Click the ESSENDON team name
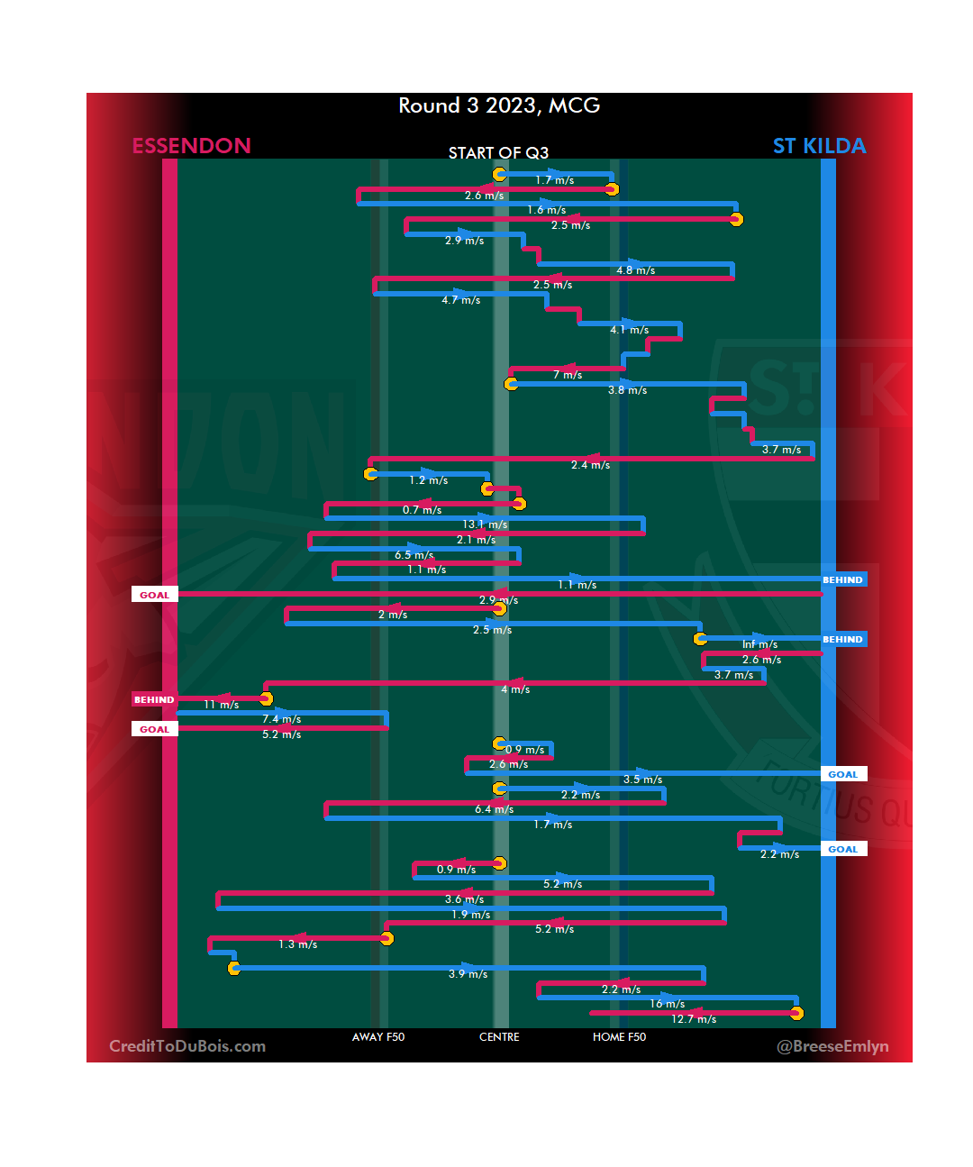(191, 146)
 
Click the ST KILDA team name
(819, 146)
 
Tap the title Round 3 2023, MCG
(499, 106)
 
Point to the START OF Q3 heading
(498, 153)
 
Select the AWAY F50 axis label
(378, 1037)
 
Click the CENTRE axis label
(499, 1037)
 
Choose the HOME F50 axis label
(619, 1037)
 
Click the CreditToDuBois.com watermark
(187, 1046)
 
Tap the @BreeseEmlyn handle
(832, 1046)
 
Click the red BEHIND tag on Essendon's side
(154, 699)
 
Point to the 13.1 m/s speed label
(485, 524)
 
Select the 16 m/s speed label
(667, 1004)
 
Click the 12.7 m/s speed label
(694, 1019)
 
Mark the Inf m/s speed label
(759, 644)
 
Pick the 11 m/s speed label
(221, 705)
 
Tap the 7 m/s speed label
(568, 375)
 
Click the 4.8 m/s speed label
(635, 270)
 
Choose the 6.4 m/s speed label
(494, 809)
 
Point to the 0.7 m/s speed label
(422, 510)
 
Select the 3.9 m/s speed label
(468, 974)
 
